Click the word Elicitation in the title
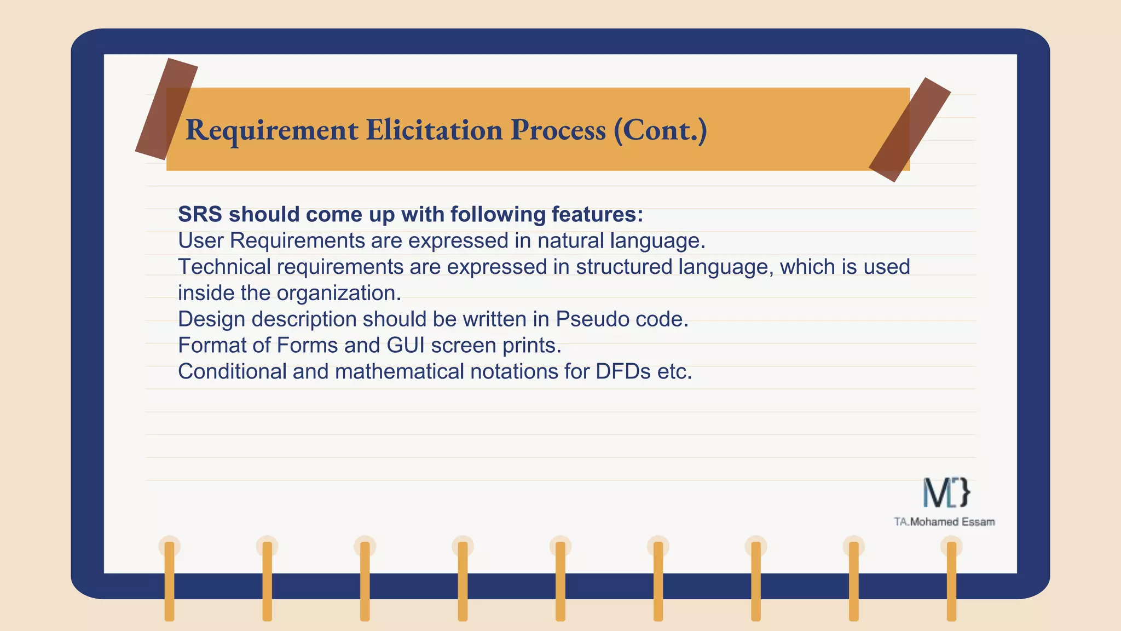pyautogui.click(x=434, y=130)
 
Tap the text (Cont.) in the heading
pyautogui.click(x=660, y=130)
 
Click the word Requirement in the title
pyautogui.click(x=271, y=130)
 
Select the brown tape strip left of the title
pyautogui.click(x=166, y=109)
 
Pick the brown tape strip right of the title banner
pyautogui.click(x=909, y=130)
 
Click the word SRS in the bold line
pyautogui.click(x=200, y=214)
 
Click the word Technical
pyautogui.click(x=224, y=267)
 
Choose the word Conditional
pyautogui.click(x=232, y=372)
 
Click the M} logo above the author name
pyautogui.click(x=946, y=492)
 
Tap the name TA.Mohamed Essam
pyautogui.click(x=944, y=522)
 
